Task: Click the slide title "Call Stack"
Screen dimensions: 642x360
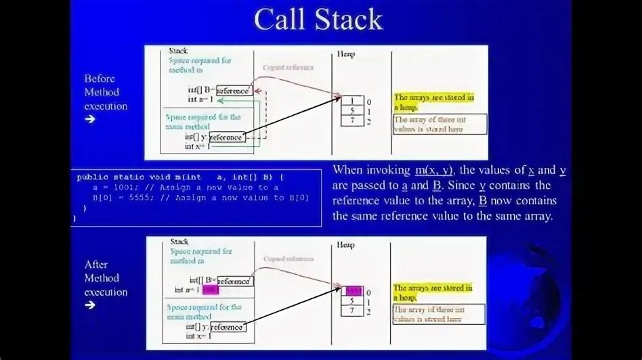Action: click(x=318, y=20)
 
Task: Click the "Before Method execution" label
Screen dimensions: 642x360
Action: click(x=105, y=92)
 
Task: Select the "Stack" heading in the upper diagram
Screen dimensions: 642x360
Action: click(x=178, y=51)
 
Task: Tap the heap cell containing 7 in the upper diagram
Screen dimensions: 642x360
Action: click(x=352, y=120)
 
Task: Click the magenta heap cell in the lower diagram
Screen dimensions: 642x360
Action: click(x=352, y=290)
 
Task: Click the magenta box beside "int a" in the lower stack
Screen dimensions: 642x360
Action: click(x=211, y=290)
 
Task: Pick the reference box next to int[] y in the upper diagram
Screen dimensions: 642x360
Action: click(x=225, y=137)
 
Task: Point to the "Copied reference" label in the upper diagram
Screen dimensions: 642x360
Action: click(x=288, y=68)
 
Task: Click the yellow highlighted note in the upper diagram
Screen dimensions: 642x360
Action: click(x=433, y=102)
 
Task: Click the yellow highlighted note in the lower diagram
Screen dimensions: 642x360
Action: click(x=433, y=292)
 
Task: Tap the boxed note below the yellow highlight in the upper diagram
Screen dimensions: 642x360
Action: click(x=440, y=124)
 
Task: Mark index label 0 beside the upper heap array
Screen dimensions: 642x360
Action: click(x=368, y=102)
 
